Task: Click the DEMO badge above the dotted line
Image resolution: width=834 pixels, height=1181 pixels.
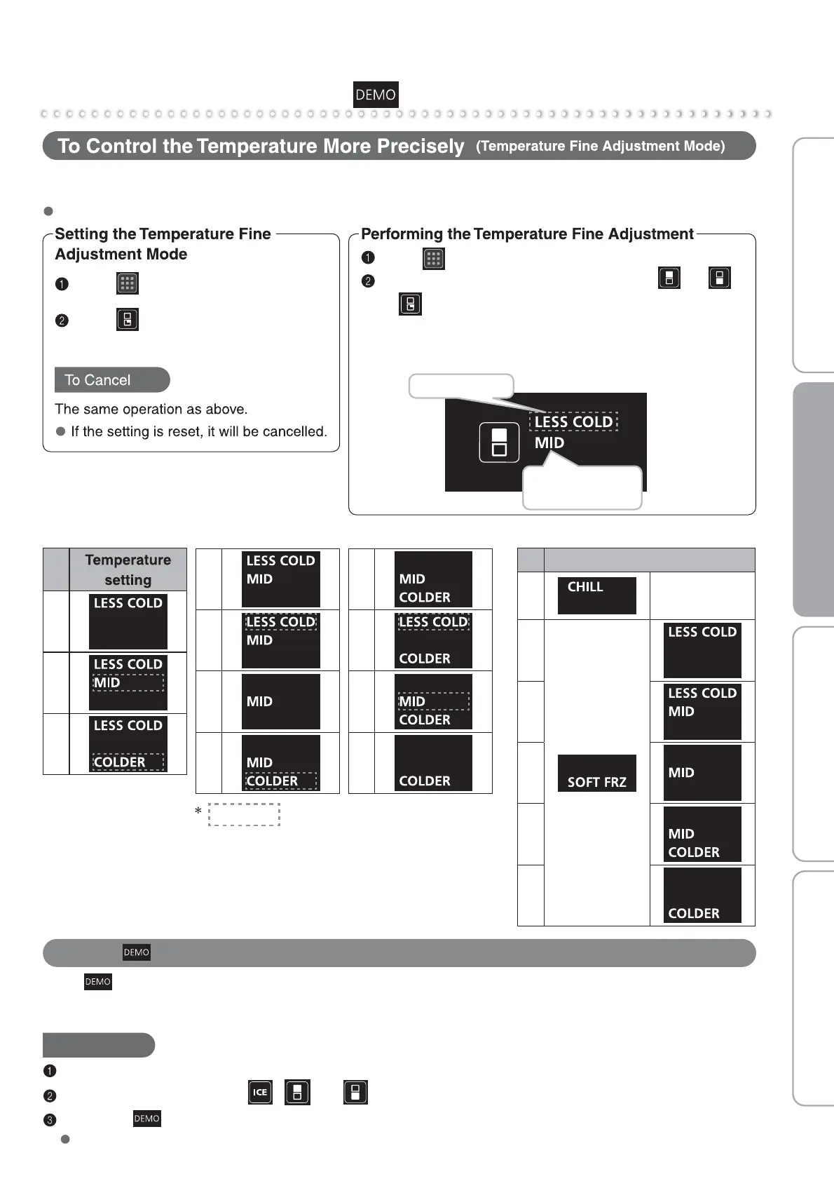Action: click(376, 95)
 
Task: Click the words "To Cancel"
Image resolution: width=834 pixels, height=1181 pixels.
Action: click(97, 380)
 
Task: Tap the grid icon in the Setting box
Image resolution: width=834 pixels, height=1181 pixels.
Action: click(127, 283)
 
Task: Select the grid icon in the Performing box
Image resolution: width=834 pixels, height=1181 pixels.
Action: click(434, 259)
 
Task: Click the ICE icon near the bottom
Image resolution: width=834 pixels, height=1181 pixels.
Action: click(260, 1092)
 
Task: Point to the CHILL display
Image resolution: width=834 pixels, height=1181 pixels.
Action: click(596, 595)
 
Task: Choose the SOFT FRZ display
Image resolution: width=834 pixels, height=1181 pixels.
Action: click(596, 773)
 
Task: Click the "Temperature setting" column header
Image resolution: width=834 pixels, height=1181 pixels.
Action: click(128, 569)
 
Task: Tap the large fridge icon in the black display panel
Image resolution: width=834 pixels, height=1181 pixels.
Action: click(499, 443)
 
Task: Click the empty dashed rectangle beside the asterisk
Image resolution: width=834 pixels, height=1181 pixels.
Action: click(244, 814)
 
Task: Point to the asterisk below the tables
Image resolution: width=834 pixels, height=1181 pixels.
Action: click(198, 812)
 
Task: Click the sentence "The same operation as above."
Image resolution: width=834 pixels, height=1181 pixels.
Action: click(151, 409)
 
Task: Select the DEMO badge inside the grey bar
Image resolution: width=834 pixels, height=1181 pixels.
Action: click(137, 952)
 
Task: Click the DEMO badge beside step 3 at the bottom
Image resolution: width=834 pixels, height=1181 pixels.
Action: click(147, 1119)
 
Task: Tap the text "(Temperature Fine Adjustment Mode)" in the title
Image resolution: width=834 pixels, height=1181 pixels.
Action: click(600, 146)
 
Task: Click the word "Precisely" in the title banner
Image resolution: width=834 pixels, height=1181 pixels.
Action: click(421, 146)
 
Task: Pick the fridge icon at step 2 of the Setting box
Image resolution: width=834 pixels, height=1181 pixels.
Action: click(127, 320)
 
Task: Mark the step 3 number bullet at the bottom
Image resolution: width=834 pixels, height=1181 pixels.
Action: click(49, 1120)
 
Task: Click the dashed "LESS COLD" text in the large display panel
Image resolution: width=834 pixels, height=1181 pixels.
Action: click(573, 421)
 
